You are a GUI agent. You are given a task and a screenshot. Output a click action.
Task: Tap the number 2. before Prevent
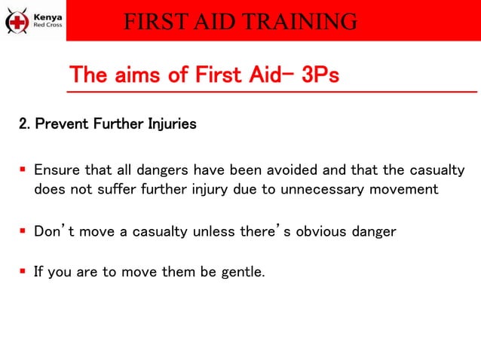pos(24,124)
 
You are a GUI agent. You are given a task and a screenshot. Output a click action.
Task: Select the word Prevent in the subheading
pos(60,124)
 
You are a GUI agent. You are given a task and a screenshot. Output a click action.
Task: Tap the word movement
pos(403,189)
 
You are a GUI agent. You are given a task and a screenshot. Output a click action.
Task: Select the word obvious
pos(322,232)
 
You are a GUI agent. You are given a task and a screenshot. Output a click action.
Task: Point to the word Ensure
pos(54,170)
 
